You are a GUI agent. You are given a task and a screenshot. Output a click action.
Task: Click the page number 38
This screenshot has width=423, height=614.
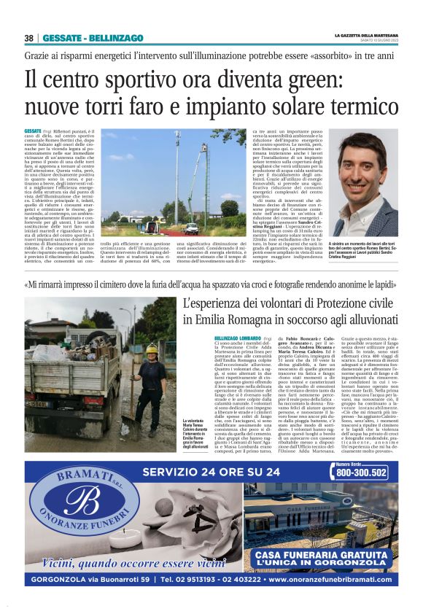pyautogui.click(x=29, y=38)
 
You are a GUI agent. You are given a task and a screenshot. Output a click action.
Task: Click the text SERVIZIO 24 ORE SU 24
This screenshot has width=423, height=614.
pyautogui.click(x=211, y=472)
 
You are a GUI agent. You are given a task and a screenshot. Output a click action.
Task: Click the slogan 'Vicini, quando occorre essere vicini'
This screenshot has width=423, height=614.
pyautogui.click(x=124, y=562)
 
